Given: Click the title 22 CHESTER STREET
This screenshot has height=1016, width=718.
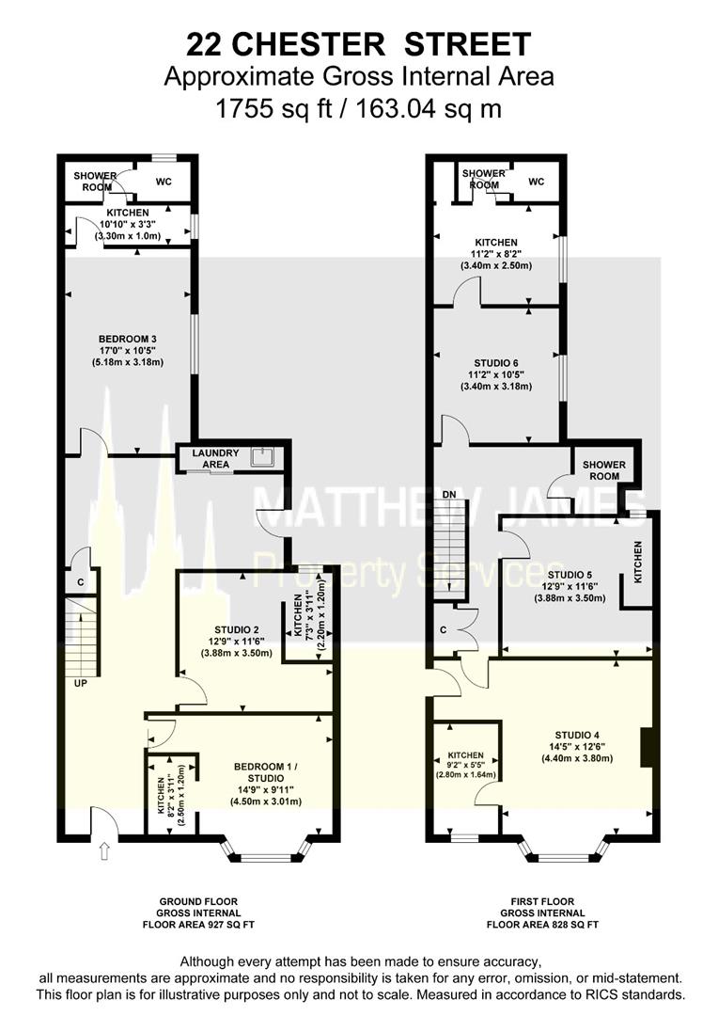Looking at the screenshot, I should click(x=358, y=43).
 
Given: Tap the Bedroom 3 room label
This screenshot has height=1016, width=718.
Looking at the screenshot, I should click(x=128, y=339).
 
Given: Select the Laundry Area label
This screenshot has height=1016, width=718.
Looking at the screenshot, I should click(x=215, y=458).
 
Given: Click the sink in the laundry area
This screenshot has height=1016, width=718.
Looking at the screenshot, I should click(x=267, y=457).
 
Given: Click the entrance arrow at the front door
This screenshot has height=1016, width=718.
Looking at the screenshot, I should click(x=102, y=852).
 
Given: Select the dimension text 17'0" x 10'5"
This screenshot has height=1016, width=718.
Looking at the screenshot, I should click(x=128, y=350).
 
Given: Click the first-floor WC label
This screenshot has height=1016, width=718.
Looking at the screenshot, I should click(x=536, y=182).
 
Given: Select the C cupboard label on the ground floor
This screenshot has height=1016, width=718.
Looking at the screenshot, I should click(x=82, y=582).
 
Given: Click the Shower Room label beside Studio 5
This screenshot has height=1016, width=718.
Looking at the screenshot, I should click(x=603, y=470).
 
